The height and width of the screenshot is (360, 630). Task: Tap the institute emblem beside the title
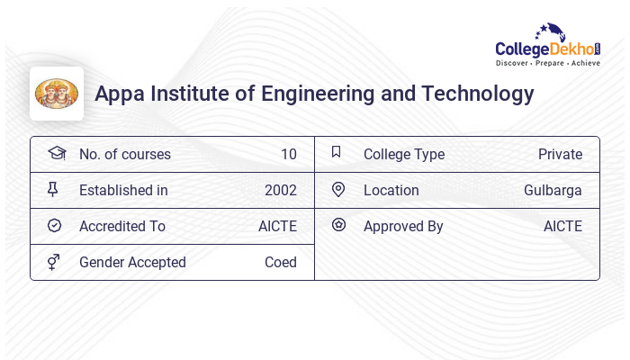pyautogui.click(x=57, y=94)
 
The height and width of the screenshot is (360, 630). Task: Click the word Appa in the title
pyautogui.click(x=118, y=94)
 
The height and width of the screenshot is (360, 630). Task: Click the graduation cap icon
pyautogui.click(x=56, y=153)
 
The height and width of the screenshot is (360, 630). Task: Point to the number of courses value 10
pyautogui.click(x=288, y=154)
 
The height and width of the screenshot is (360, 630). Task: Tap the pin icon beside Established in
pyautogui.click(x=53, y=189)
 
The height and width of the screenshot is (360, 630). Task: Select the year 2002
pyautogui.click(x=280, y=190)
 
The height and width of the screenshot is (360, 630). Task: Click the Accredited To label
pyautogui.click(x=122, y=226)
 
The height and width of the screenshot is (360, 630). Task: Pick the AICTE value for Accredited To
pyautogui.click(x=277, y=226)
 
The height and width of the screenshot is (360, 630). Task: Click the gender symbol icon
pyautogui.click(x=54, y=262)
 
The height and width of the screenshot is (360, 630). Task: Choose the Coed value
pyautogui.click(x=280, y=262)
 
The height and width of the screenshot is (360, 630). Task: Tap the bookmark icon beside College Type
pyautogui.click(x=337, y=152)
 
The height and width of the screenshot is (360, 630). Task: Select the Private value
pyautogui.click(x=560, y=154)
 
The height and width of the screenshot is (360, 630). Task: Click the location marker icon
pyautogui.click(x=338, y=189)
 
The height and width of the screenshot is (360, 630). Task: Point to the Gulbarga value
pyautogui.click(x=553, y=190)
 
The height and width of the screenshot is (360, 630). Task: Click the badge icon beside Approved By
pyautogui.click(x=338, y=225)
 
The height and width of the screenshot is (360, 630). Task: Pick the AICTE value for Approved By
pyautogui.click(x=562, y=226)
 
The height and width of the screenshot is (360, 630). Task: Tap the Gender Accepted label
pyautogui.click(x=132, y=262)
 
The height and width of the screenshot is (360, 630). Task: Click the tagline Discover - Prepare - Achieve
pyautogui.click(x=547, y=64)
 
